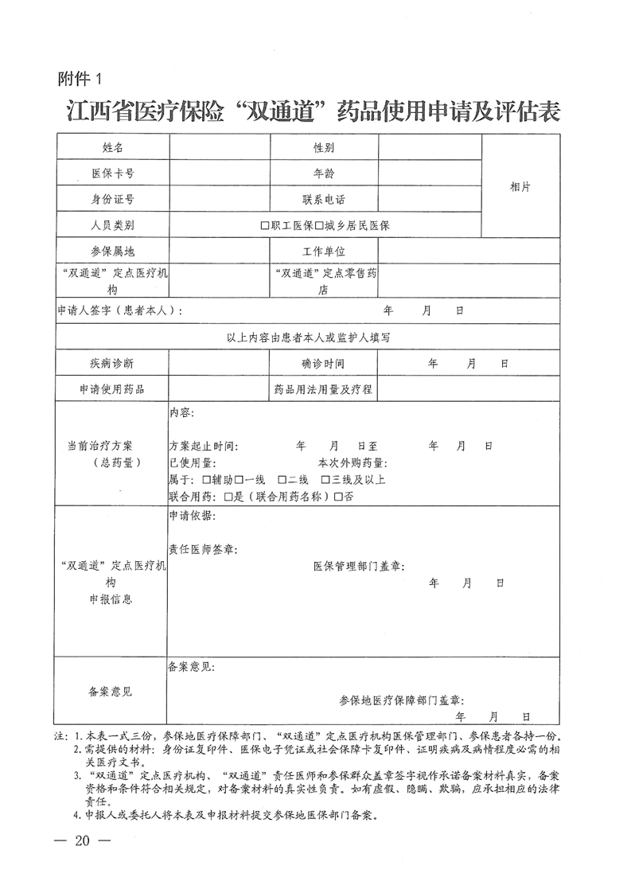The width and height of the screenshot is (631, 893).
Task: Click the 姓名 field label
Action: point(112,148)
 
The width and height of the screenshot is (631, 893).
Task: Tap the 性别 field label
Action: point(323,148)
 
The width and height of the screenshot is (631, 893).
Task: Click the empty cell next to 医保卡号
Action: point(220,173)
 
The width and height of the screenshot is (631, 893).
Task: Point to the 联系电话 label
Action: point(323,199)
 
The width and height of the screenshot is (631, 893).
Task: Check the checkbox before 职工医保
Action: point(265,225)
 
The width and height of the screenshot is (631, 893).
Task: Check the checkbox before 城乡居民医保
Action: point(319,225)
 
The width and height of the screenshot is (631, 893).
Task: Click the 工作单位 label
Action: point(323,252)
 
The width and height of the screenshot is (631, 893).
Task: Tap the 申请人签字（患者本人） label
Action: point(119,310)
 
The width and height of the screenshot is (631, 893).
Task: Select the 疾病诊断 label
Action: point(112,363)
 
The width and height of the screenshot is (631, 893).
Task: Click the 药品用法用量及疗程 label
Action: point(323,389)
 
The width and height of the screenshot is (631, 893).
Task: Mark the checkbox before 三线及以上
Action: point(325,480)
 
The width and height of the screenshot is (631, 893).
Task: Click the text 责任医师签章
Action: point(202,548)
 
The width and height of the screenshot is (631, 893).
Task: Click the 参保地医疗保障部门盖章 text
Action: point(401,700)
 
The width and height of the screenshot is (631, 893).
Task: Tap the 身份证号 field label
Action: point(112,199)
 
